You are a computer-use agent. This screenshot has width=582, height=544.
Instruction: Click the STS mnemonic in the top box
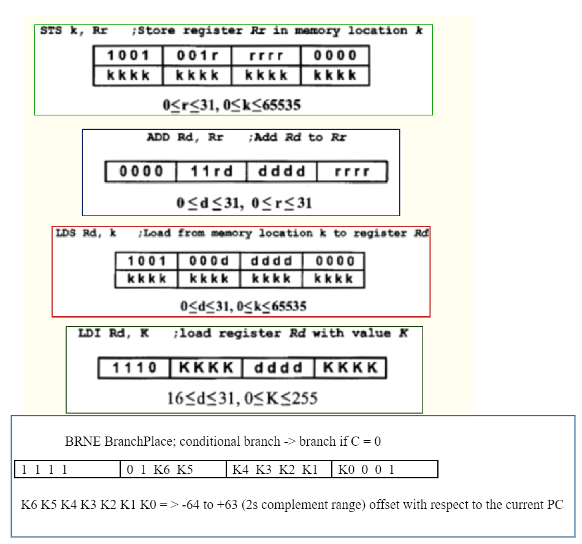[x=51, y=30]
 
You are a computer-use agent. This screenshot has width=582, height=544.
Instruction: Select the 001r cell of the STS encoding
[x=197, y=56]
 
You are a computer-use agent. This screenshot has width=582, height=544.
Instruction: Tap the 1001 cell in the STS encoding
[x=128, y=56]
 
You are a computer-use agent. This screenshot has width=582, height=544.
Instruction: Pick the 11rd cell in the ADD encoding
[x=211, y=171]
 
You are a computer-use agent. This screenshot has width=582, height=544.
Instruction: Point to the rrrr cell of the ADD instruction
[x=352, y=171]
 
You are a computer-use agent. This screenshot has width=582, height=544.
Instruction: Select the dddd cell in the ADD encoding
[x=281, y=171]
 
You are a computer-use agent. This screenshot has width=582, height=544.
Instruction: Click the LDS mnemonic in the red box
[x=67, y=233]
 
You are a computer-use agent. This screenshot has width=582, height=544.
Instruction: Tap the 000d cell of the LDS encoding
[x=209, y=261]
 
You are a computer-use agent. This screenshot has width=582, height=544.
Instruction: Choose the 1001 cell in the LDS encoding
[x=147, y=261]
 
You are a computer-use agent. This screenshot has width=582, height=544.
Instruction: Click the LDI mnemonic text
[x=90, y=333]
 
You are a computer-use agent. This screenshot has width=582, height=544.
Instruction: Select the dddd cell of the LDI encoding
[x=278, y=368]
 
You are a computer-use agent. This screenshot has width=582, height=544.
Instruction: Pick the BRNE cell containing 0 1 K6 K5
[x=159, y=470]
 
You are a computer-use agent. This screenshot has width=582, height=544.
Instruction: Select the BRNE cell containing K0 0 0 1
[x=366, y=470]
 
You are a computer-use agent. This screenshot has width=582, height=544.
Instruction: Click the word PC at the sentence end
[x=554, y=505]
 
